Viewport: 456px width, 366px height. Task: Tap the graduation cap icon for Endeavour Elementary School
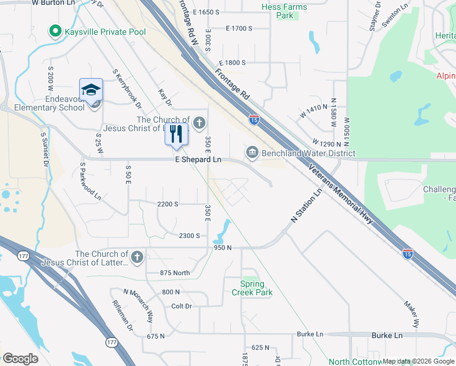[91, 90]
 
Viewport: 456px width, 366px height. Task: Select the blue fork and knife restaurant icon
[176, 134]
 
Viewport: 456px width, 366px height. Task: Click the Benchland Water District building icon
[252, 151]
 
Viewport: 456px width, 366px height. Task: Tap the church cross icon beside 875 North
[137, 257]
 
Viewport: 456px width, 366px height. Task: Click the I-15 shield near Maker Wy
[407, 253]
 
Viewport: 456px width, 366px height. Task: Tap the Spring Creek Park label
[252, 288]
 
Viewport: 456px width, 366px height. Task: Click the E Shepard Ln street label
[198, 159]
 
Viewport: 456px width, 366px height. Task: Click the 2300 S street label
[190, 236]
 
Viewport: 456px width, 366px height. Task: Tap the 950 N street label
[223, 248]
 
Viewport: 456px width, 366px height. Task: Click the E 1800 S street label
[226, 63]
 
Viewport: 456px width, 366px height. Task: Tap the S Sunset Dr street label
[44, 149]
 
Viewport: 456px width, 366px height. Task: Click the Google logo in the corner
[20, 359]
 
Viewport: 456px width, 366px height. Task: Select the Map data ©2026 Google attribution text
[418, 361]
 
